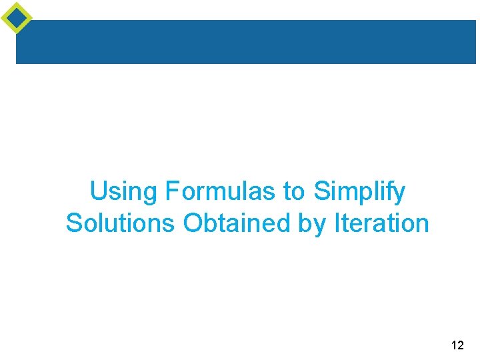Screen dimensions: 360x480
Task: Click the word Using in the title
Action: pos(124,192)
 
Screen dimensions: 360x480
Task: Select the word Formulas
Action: pos(221,192)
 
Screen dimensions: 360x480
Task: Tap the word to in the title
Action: pos(294,192)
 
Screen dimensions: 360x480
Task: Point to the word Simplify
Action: pos(359,192)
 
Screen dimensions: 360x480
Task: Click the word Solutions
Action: pos(121,223)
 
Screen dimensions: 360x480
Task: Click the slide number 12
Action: pos(457,345)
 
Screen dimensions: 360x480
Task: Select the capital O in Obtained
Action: pos(193,223)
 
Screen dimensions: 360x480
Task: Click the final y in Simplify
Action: pos(399,195)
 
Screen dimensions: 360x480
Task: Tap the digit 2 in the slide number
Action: pos(461,345)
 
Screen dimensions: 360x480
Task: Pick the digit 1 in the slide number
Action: pos(453,345)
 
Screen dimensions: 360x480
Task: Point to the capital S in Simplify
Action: pos(321,192)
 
